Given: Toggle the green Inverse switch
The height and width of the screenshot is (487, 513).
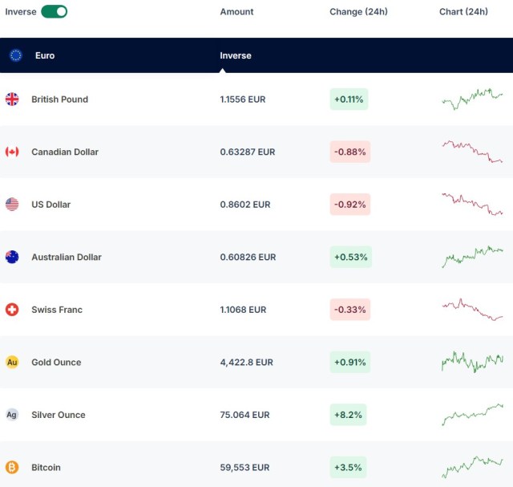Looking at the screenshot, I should (x=54, y=11).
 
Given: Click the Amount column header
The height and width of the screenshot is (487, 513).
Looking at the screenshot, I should (x=236, y=12).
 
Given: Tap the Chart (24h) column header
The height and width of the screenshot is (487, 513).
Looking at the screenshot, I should (x=463, y=12).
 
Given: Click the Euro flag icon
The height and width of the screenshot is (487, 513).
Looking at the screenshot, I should (x=15, y=55).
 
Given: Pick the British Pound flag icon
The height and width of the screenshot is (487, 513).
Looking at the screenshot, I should (x=12, y=99).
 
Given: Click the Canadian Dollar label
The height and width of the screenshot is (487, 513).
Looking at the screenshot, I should (x=65, y=152).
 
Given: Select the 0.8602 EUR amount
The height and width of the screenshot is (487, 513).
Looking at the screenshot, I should (x=246, y=205).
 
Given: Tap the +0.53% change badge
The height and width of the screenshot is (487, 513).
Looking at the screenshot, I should (x=350, y=257).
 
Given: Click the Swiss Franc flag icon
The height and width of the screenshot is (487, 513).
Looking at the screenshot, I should (x=12, y=310).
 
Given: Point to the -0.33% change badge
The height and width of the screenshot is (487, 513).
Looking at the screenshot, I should (x=350, y=310).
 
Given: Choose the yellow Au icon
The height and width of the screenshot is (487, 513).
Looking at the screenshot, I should (x=12, y=363).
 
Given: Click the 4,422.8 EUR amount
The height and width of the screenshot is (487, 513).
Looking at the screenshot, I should (x=247, y=363).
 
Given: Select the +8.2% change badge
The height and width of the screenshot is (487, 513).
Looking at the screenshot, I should (x=349, y=415).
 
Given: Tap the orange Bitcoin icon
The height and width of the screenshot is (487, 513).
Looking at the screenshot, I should (x=12, y=467).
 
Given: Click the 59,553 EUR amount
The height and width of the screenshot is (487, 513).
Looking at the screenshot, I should (x=244, y=468).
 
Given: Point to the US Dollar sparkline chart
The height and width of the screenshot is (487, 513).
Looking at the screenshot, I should (x=472, y=204).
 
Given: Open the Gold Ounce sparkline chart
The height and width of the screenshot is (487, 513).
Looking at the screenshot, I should (x=472, y=361).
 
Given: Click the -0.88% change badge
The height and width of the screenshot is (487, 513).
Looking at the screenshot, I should (x=350, y=152).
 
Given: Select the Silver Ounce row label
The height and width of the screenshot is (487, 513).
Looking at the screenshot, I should (x=59, y=415).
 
